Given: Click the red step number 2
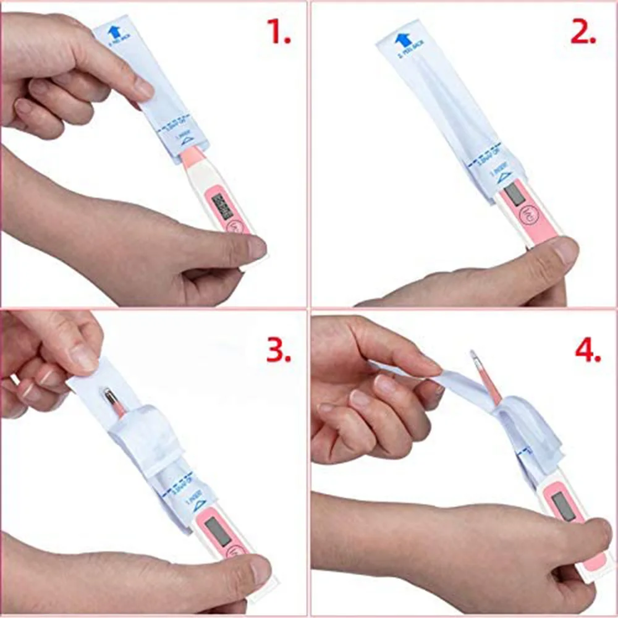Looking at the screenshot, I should (x=582, y=32).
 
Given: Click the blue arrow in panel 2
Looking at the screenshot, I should (x=402, y=39).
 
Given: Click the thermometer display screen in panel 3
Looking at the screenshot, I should (x=218, y=531).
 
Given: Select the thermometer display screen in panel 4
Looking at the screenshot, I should (x=564, y=506).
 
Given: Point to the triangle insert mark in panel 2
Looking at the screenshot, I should (x=503, y=176).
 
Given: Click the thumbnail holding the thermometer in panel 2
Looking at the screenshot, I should (x=565, y=250).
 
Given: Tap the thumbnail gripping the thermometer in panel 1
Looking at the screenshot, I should (x=256, y=248).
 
